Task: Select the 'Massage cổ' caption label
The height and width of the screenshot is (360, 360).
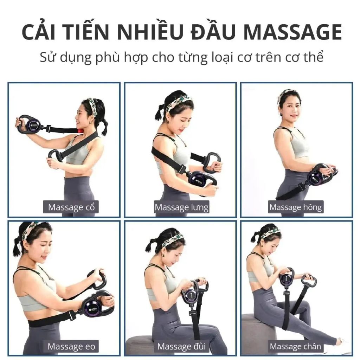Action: tap(71, 207)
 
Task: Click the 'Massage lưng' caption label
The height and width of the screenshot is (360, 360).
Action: tap(181, 207)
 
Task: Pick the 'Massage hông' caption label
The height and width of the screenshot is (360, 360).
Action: tap(295, 207)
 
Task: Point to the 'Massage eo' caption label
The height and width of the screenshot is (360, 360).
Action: tap(71, 346)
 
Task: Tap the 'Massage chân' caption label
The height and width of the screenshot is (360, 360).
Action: tap(295, 346)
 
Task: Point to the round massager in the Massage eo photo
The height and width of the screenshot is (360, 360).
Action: tap(94, 305)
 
